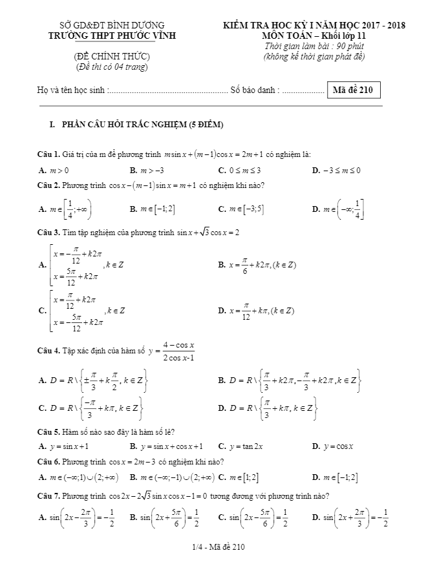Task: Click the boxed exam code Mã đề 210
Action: click(354, 90)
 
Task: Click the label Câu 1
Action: click(48, 154)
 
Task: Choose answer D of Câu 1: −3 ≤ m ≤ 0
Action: click(336, 171)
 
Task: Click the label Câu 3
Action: click(48, 232)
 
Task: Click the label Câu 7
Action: click(48, 496)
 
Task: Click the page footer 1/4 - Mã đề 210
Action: click(218, 548)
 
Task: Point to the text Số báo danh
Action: click(255, 91)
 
